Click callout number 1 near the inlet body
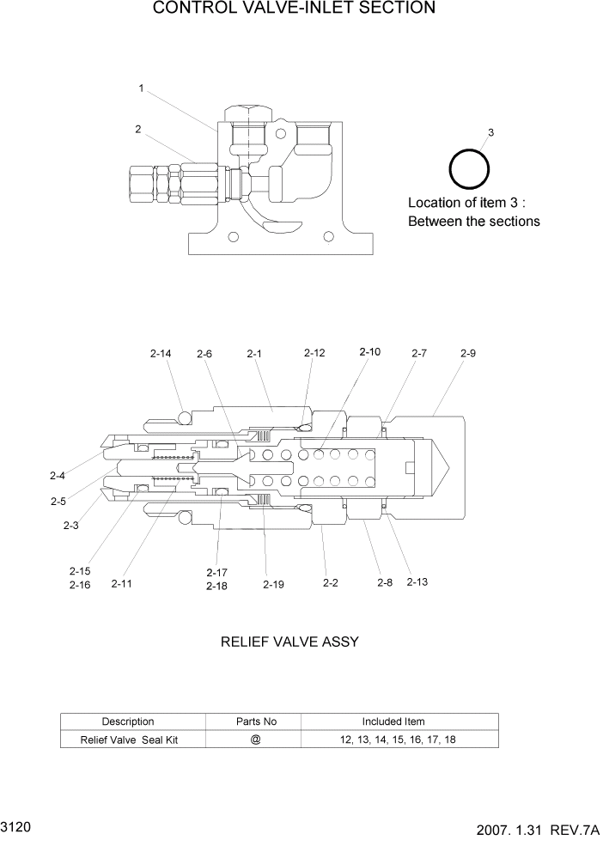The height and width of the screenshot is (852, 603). click(141, 88)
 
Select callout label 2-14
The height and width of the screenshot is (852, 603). click(161, 353)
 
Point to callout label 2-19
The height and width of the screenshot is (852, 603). click(273, 584)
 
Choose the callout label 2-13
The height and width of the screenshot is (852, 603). click(417, 583)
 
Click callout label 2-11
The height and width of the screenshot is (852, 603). click(122, 584)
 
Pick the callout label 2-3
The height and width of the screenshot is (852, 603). click(71, 526)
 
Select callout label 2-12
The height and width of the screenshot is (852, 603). click(314, 352)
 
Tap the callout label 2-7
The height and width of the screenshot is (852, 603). click(418, 352)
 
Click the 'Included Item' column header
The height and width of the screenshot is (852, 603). click(393, 721)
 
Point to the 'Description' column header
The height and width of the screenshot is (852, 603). click(128, 721)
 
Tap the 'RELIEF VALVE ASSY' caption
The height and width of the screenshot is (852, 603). click(289, 642)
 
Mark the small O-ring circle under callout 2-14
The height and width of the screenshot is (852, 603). click(184, 418)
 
